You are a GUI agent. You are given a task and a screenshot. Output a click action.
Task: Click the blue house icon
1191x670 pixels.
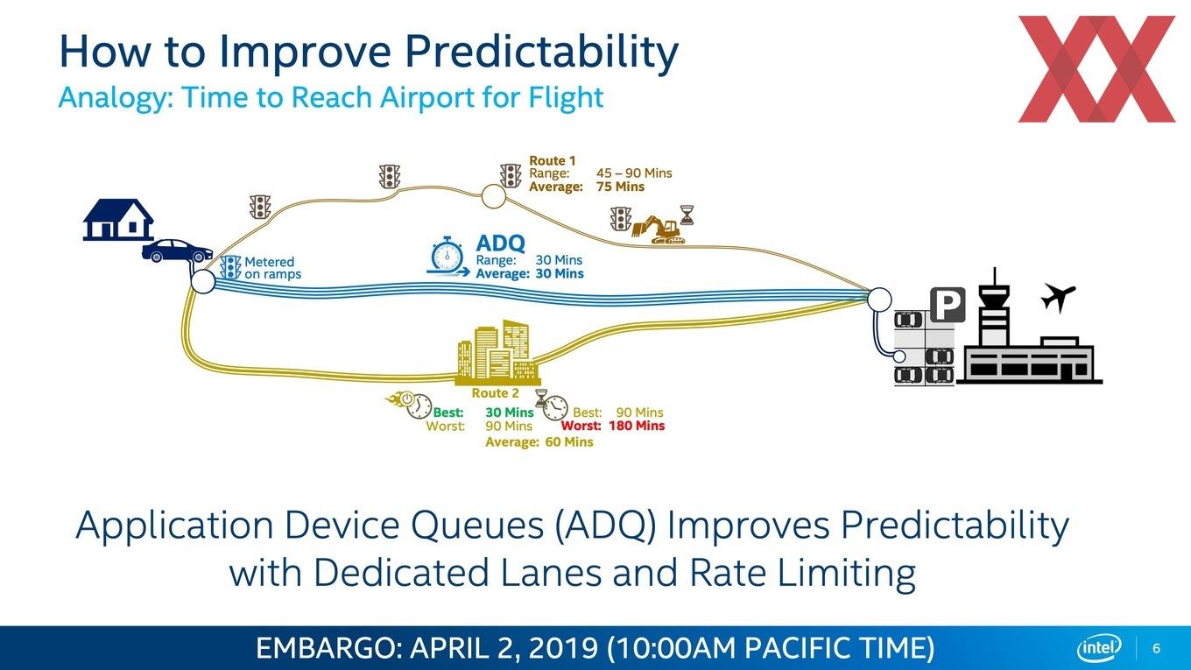click(118, 220)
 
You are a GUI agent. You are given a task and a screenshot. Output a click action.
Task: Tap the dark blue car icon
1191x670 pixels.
click(177, 250)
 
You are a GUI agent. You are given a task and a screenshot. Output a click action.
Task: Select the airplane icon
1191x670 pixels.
click(1058, 298)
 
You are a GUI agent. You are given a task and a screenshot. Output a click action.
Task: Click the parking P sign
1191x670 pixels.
click(948, 305)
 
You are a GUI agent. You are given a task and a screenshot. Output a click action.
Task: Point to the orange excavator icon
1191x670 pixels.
click(658, 229)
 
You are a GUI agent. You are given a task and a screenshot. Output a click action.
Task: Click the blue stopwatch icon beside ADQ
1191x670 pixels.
click(448, 257)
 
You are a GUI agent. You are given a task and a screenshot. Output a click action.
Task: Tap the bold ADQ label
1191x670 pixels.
click(500, 243)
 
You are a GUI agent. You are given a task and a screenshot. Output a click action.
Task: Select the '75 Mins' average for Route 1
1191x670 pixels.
click(620, 187)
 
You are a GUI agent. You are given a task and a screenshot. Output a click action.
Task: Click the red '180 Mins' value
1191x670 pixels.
click(637, 426)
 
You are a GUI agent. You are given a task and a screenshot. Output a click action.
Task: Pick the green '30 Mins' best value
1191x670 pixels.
click(510, 413)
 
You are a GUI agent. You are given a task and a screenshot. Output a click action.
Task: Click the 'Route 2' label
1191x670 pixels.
click(495, 393)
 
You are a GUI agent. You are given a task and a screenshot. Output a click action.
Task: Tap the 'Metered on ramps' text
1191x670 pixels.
click(272, 267)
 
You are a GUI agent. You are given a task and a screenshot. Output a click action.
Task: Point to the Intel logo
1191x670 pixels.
click(1099, 648)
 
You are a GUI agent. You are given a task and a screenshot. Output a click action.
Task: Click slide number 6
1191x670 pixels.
click(1156, 648)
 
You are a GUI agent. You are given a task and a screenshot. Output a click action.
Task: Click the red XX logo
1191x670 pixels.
click(1096, 69)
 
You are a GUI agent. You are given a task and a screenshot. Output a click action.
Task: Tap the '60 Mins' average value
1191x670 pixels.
click(569, 442)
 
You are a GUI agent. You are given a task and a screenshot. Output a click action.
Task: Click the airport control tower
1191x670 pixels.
click(994, 307)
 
